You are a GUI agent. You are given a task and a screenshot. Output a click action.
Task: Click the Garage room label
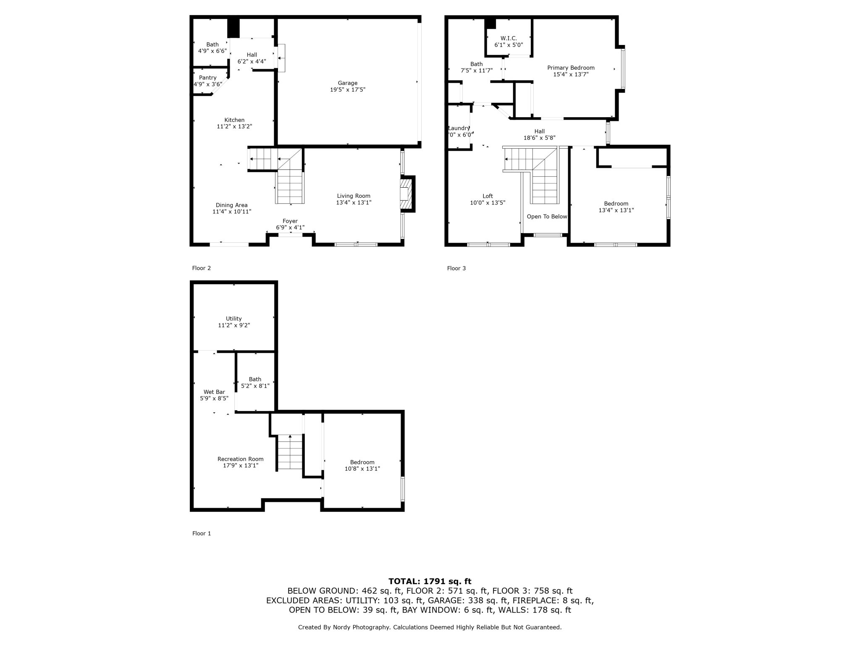[348, 83]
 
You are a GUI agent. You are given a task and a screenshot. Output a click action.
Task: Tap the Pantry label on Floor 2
[208, 78]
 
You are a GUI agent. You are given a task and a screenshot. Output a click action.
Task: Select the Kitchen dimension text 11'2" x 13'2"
[234, 126]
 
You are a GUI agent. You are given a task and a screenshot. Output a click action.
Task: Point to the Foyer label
[290, 221]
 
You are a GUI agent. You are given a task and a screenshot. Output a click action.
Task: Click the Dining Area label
[232, 205]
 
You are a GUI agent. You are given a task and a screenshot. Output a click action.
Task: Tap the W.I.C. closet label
[509, 38]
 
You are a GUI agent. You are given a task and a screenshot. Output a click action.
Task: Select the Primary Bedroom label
[571, 68]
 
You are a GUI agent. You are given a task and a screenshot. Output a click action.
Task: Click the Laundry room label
[459, 128]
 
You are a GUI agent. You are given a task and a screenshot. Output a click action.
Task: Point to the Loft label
[488, 196]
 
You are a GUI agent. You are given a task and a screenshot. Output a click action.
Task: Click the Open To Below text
[547, 217]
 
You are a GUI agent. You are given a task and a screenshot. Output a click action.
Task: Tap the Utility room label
[234, 319]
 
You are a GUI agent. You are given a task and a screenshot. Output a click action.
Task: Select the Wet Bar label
[214, 392]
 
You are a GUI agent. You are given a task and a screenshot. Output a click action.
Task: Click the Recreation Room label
[241, 459]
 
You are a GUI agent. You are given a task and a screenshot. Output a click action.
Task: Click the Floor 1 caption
[202, 533]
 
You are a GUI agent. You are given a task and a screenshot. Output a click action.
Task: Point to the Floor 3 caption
[456, 268]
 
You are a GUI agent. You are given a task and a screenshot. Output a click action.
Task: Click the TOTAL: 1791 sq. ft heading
[430, 582]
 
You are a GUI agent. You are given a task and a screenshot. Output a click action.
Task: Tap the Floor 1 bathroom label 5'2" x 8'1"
[255, 386]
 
